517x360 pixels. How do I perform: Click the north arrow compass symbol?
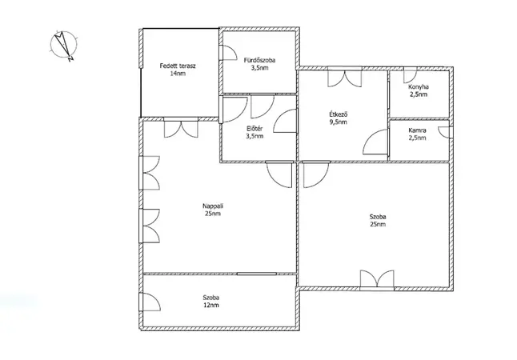(64, 46)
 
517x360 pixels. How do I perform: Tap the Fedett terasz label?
(178, 66)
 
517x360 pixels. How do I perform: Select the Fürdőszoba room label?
(259, 60)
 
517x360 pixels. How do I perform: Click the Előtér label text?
(254, 129)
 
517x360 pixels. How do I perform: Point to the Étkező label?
(339, 114)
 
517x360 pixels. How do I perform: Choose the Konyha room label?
(419, 87)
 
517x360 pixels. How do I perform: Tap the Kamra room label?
(417, 130)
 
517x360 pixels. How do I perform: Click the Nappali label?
(213, 206)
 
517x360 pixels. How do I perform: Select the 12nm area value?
(211, 306)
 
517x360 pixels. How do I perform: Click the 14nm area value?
(178, 74)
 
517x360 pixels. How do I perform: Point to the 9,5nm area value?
(339, 122)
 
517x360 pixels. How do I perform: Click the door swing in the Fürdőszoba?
(230, 53)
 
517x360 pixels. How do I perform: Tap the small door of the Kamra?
(444, 132)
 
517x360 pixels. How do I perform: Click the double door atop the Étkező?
(345, 78)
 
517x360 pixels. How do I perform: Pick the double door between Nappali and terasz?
(181, 130)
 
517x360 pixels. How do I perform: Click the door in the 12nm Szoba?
(152, 302)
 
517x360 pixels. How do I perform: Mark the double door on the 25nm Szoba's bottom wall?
(377, 279)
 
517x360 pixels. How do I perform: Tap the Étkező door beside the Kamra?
(375, 142)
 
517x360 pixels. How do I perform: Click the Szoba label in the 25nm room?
(378, 217)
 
